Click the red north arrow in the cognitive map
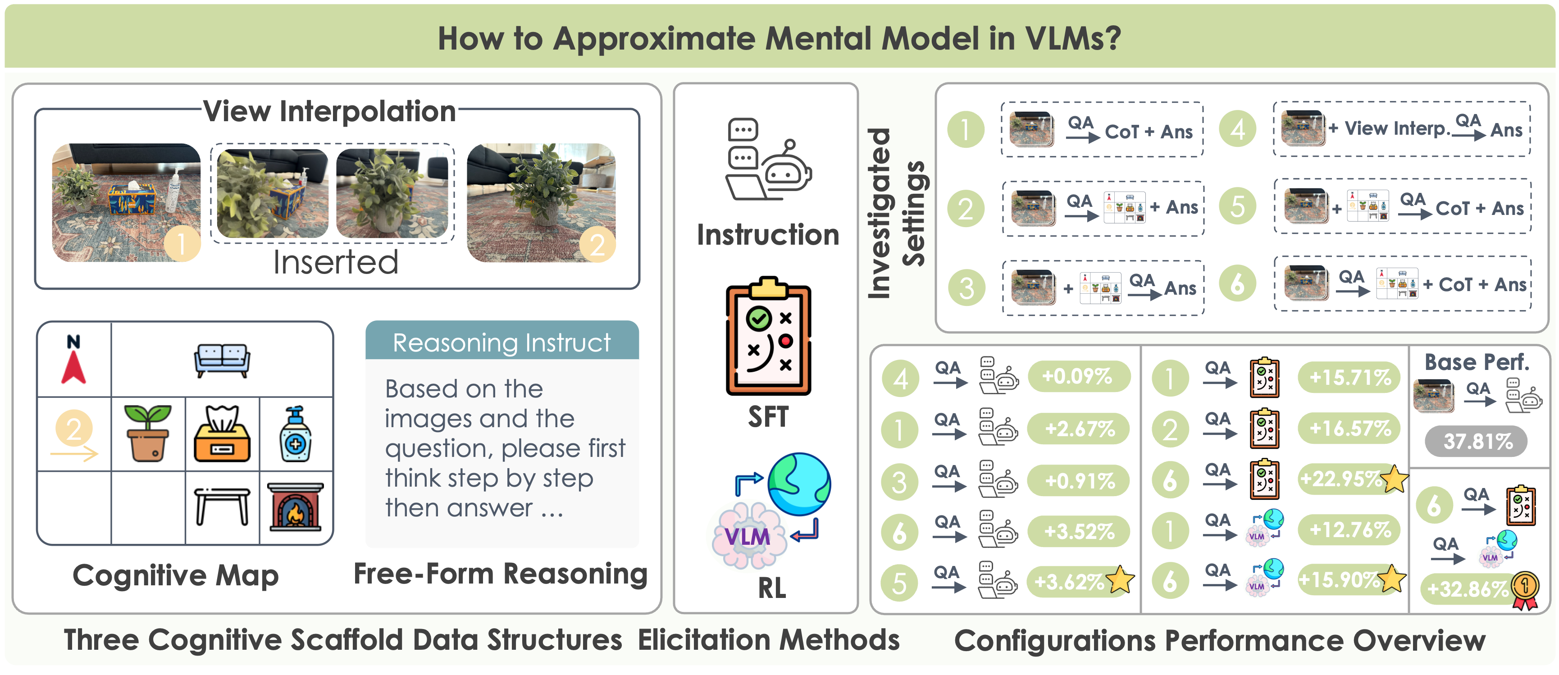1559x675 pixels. pyautogui.click(x=73, y=367)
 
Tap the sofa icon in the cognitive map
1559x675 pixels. pyautogui.click(x=222, y=360)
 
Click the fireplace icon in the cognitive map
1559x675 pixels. pyautogui.click(x=295, y=506)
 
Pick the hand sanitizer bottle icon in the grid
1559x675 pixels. pyautogui.click(x=295, y=434)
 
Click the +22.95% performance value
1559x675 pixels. pyautogui.click(x=1341, y=479)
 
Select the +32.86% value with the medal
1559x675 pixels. pyautogui.click(x=1468, y=588)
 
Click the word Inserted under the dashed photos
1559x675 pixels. pyautogui.click(x=335, y=263)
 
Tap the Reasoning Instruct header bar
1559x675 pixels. pyautogui.click(x=501, y=342)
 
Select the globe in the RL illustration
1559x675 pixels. pyautogui.click(x=799, y=483)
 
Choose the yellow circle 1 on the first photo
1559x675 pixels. pyautogui.click(x=182, y=244)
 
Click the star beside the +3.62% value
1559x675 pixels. pyautogui.click(x=1120, y=579)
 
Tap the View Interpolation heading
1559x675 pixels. pyautogui.click(x=330, y=111)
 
